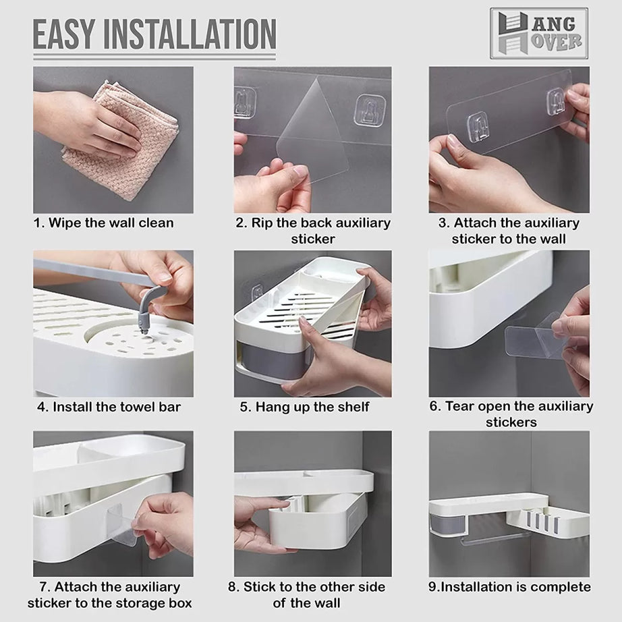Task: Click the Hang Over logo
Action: click(539, 33)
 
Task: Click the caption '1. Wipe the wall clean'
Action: click(103, 223)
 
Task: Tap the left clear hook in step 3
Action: click(480, 126)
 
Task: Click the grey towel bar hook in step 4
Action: click(150, 308)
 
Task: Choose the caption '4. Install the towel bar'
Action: click(109, 407)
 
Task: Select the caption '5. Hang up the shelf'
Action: click(304, 407)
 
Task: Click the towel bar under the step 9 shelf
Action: click(495, 539)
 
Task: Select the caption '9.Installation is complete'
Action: click(509, 587)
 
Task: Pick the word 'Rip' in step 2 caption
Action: click(262, 223)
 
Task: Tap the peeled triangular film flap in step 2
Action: click(314, 131)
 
